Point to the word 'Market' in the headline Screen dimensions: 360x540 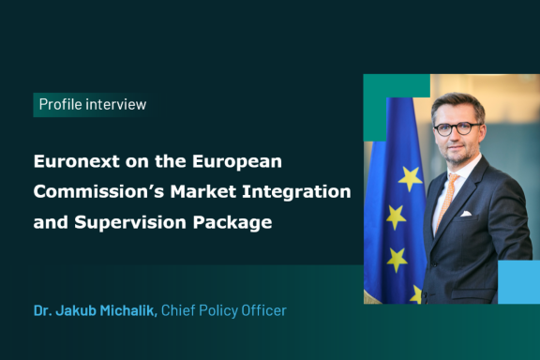point(217,192)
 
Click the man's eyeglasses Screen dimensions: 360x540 point(457,127)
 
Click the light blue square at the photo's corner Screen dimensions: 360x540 point(518,281)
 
